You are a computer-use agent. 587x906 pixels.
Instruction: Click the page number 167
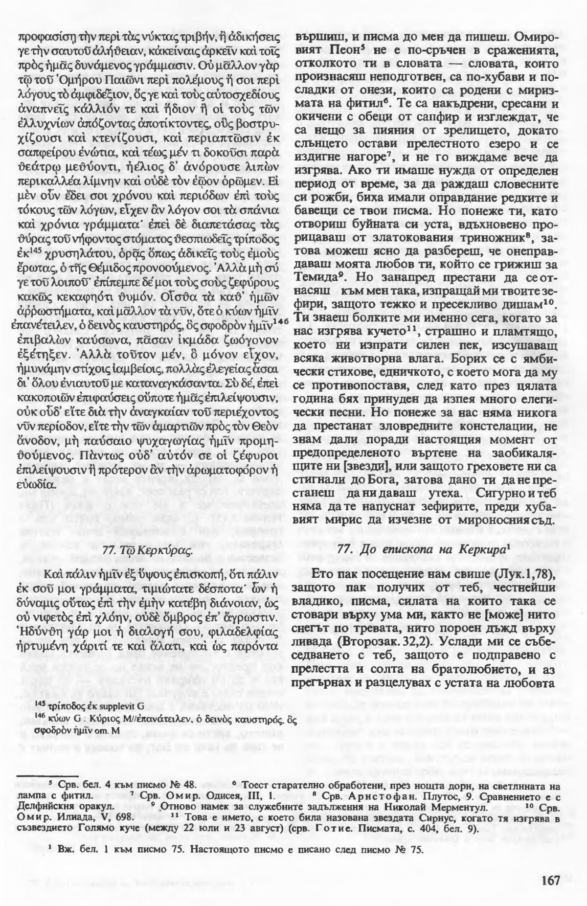pyautogui.click(x=550, y=879)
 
